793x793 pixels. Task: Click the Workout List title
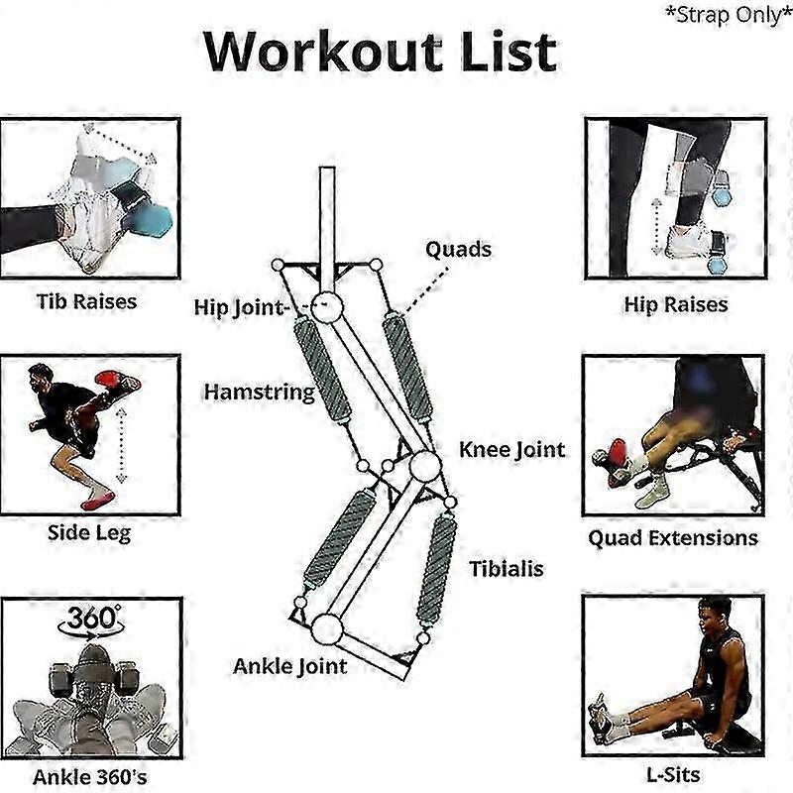(x=380, y=52)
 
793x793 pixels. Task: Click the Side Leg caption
(x=88, y=532)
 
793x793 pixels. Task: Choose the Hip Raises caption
(x=675, y=304)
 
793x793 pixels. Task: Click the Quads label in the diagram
(x=458, y=248)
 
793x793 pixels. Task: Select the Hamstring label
(x=259, y=392)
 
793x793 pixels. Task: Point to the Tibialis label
(x=507, y=569)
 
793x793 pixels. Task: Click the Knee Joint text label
(x=511, y=449)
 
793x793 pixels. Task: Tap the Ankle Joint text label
(x=289, y=665)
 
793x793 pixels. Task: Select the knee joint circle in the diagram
(x=425, y=466)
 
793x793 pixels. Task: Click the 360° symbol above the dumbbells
(x=90, y=620)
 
